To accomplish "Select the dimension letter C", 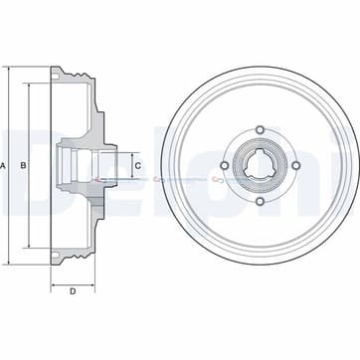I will point(137,164).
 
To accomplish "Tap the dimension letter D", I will point(74,291).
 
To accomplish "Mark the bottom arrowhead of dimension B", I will point(31,250).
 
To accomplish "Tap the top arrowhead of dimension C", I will point(126,145).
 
